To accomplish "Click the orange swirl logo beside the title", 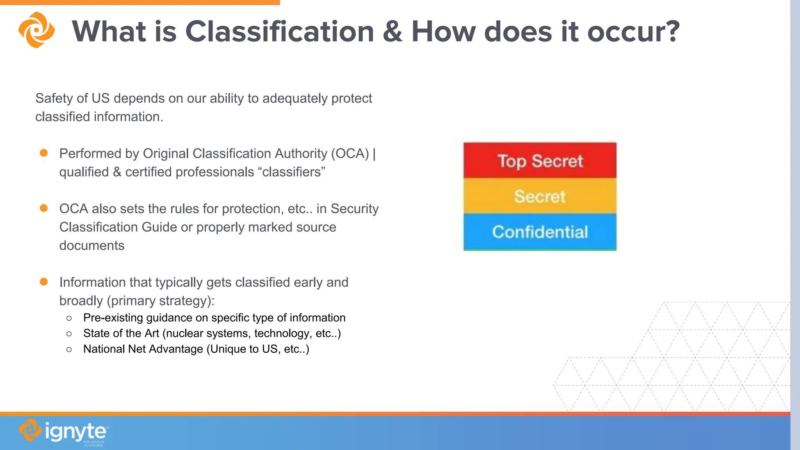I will point(36,30).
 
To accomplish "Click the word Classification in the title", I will point(280,31).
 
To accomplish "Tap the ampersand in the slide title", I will point(392,31).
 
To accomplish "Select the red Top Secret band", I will point(540,161).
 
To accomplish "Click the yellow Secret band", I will point(540,196).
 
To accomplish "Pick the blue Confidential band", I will point(540,232).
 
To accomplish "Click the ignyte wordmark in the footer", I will point(75,432).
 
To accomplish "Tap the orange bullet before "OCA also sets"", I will point(44,208).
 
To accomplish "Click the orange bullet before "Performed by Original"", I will point(44,153).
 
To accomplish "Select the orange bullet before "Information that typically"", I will point(44,282).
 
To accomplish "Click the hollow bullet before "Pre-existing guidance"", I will point(69,318).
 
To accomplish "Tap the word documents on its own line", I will point(92,245).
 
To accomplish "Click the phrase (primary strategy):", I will point(161,301).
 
